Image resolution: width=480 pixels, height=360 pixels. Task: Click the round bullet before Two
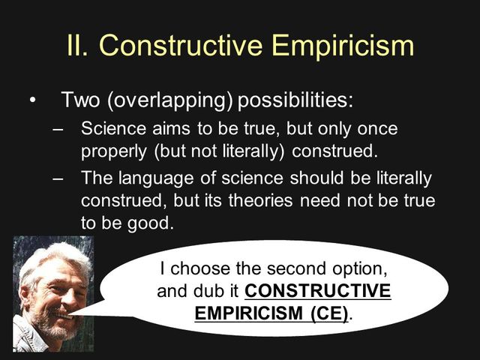31,100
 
